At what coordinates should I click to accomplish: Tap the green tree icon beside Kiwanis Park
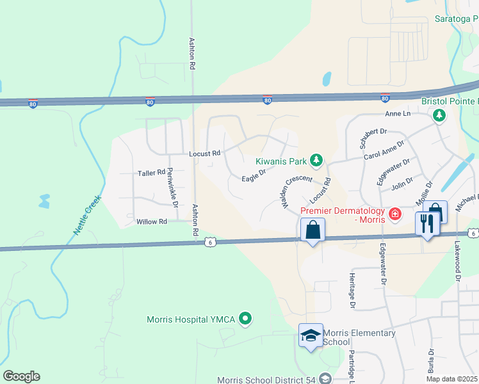316,159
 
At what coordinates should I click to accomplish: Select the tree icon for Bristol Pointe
439,115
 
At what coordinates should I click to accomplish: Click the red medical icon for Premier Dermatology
394,213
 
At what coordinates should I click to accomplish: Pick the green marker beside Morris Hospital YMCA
245,318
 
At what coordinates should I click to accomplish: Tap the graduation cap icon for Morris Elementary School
311,335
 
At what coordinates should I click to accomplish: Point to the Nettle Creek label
84,212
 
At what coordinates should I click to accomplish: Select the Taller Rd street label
152,173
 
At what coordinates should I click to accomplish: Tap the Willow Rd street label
152,221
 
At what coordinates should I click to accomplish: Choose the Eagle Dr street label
254,175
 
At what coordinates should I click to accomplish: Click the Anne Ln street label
397,113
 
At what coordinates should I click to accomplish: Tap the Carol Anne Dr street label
384,150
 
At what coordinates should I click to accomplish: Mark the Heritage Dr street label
352,289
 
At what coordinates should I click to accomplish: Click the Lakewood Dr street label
458,263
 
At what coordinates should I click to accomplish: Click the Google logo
21,376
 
